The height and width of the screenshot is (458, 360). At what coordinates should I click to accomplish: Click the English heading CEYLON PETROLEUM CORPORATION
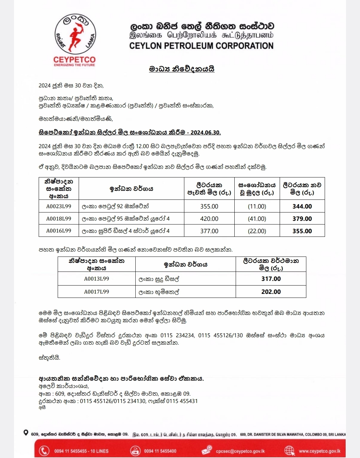[x=201, y=46]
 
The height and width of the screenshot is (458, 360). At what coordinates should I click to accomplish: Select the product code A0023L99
[x=59, y=206]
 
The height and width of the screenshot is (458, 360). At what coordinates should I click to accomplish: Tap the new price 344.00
[x=302, y=206]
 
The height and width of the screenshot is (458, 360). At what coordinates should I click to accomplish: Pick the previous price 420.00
[x=209, y=219]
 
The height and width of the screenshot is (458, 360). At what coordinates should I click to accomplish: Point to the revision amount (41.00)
[x=257, y=219]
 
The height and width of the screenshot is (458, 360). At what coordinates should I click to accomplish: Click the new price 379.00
[x=302, y=219]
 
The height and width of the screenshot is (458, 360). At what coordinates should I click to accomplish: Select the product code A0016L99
[x=59, y=231]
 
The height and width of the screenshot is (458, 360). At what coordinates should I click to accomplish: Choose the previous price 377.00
[x=209, y=231]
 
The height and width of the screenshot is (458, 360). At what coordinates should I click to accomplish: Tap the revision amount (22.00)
[x=257, y=231]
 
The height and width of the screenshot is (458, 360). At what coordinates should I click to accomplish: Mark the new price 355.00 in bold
[x=302, y=231]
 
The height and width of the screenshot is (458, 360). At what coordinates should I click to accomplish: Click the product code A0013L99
[x=96, y=279]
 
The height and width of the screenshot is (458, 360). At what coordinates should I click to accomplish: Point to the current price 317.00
[x=271, y=279]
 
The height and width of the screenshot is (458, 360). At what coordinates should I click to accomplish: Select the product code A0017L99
[x=96, y=292]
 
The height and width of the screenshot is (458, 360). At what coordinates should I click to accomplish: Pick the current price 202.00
[x=271, y=292]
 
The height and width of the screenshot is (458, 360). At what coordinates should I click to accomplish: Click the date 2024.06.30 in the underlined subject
[x=206, y=132]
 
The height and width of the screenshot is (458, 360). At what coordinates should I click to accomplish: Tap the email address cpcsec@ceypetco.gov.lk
[x=240, y=451]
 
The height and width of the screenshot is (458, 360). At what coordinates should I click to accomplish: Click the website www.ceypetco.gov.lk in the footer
[x=320, y=451]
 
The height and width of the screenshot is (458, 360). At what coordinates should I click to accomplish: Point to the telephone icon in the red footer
[x=44, y=451]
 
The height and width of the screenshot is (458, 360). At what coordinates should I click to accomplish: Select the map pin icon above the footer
[x=26, y=433]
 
